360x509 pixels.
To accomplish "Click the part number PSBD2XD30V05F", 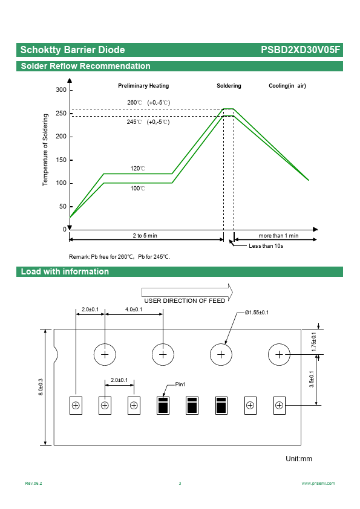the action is tap(300, 50).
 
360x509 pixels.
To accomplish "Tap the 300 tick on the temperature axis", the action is tap(61, 89).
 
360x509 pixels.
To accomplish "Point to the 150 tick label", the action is tap(61, 160).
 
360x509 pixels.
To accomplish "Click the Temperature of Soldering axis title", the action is tap(45, 150).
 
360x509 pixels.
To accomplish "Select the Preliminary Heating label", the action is tap(143, 86).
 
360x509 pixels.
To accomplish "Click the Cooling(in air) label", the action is tap(287, 86).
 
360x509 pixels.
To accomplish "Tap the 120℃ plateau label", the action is tap(138, 169).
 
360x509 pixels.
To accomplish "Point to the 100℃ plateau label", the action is tap(138, 188).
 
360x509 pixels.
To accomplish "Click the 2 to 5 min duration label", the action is tap(145, 236).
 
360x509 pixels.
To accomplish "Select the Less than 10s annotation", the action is tap(266, 246).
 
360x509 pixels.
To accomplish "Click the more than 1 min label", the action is tap(278, 236).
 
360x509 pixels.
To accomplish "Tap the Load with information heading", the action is tap(65, 271).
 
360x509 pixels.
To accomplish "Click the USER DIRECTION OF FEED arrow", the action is tap(187, 293).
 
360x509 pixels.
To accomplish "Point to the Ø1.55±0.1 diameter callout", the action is tap(257, 313).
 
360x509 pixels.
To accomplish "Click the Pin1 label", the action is tap(180, 384).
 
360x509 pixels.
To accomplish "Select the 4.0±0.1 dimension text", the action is tap(134, 310).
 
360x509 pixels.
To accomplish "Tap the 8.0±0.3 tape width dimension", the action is tap(41, 387).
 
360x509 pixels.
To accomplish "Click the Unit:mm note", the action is tap(299, 459).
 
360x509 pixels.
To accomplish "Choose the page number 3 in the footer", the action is tap(180, 484).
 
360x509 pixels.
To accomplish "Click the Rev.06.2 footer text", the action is tap(33, 484).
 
